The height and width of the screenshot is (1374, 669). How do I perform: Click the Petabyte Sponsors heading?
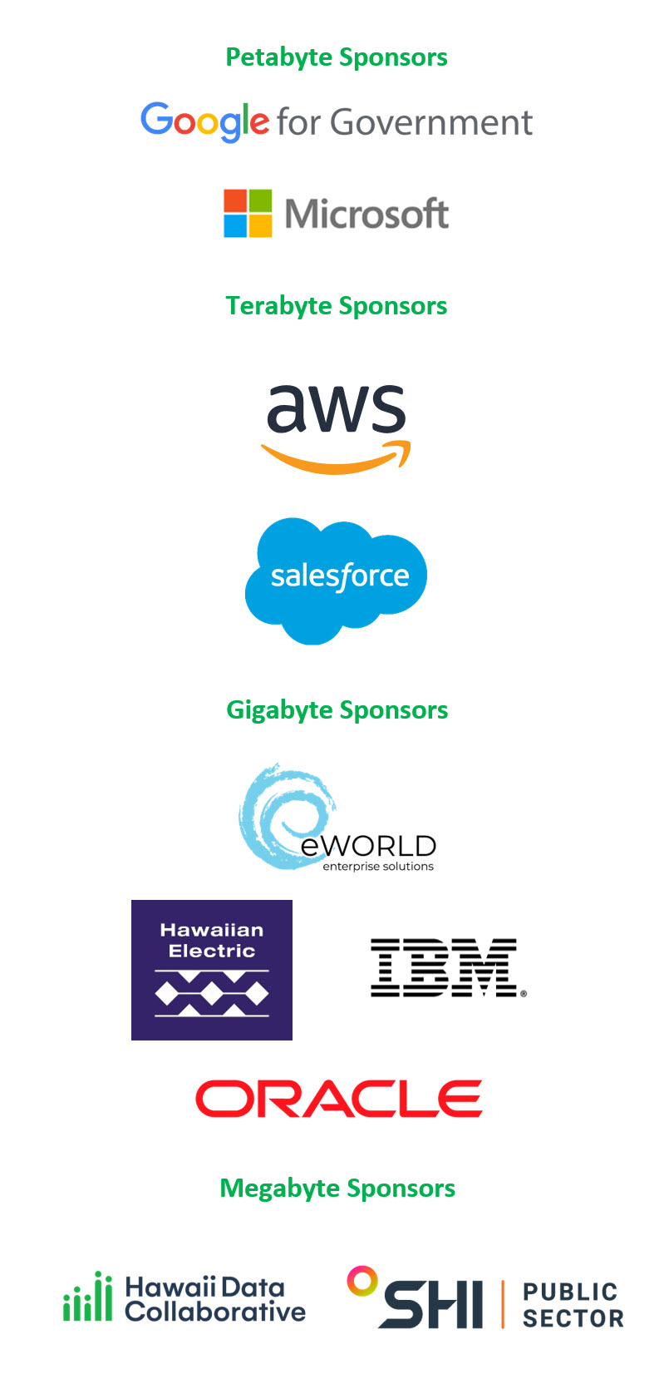tap(337, 57)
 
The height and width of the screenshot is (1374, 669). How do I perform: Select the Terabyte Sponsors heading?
tap(337, 306)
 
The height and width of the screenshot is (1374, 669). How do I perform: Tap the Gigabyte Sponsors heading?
tap(337, 710)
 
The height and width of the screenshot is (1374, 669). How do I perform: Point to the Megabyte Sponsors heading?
tap(337, 1189)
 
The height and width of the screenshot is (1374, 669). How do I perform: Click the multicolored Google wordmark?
tap(204, 121)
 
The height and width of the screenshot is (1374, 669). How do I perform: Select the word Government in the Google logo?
tap(431, 123)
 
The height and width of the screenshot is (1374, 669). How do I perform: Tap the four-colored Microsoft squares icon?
tap(248, 214)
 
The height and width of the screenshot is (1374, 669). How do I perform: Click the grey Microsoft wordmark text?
tap(366, 215)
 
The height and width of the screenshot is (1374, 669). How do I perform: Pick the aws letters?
tap(336, 408)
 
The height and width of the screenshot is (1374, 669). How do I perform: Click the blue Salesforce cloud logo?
tap(336, 579)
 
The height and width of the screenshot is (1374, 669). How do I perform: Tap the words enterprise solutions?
tap(378, 867)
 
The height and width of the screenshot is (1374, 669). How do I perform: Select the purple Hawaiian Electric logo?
tap(212, 970)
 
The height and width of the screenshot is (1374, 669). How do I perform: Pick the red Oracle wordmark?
tap(338, 1099)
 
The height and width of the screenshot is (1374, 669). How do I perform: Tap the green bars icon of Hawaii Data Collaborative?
tap(87, 1297)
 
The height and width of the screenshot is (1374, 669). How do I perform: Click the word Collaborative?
tap(215, 1312)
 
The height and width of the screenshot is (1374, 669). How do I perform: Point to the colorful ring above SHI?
tap(362, 1281)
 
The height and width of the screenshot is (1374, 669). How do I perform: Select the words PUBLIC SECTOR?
tap(573, 1305)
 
